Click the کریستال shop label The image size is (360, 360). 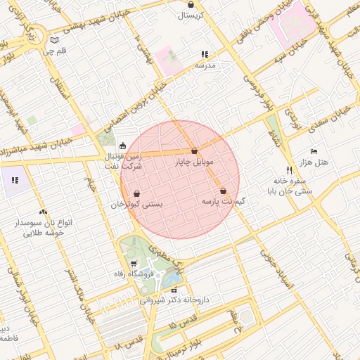(191, 15)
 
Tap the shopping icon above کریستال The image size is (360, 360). (191, 5)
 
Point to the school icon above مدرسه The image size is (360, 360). (205, 54)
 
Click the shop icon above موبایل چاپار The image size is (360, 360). (193, 151)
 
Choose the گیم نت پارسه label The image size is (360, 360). (223, 201)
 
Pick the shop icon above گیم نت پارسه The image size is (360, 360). (223, 191)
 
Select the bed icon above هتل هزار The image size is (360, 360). (314, 152)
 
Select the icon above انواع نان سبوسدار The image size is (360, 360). (44, 212)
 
